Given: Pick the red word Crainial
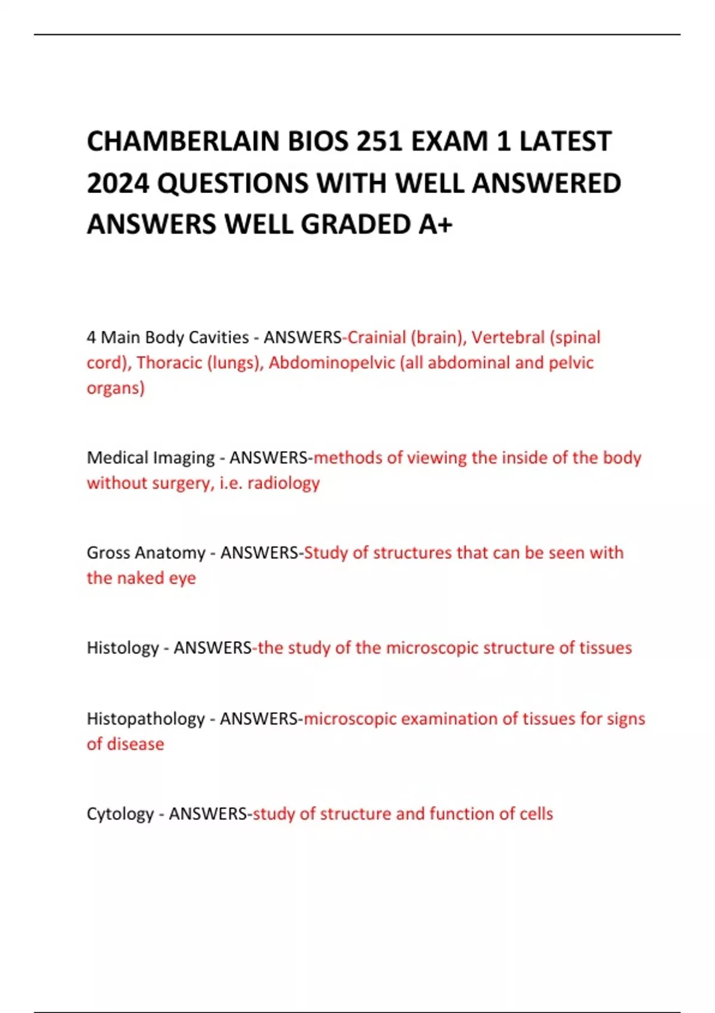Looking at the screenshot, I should [x=377, y=337].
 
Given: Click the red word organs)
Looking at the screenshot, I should [x=116, y=389].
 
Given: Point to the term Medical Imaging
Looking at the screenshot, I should [x=150, y=458].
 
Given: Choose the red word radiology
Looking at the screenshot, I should [x=284, y=483].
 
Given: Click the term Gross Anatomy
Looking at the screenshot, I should [x=146, y=553].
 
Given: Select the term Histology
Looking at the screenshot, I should [x=122, y=648].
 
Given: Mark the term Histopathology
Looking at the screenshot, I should [x=145, y=719].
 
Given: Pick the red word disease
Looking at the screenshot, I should [x=135, y=744].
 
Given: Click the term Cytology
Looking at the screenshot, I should [x=120, y=814].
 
